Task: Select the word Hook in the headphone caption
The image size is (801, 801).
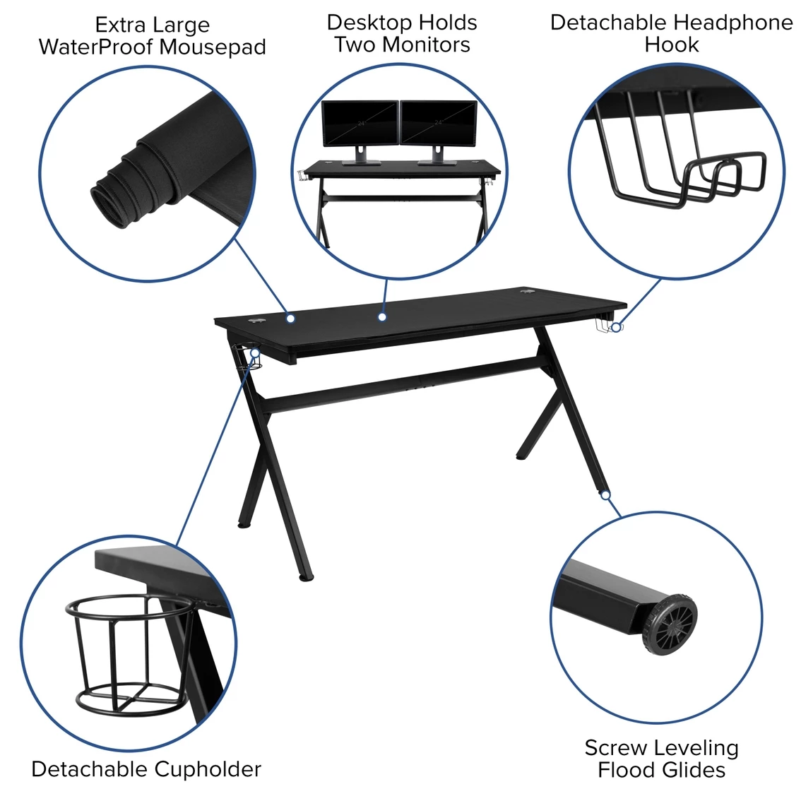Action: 671,44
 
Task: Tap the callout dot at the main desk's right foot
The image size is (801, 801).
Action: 605,495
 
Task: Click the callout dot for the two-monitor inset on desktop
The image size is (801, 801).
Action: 382,317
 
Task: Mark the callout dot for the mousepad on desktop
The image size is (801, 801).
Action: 290,319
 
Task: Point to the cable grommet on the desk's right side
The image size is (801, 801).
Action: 527,292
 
